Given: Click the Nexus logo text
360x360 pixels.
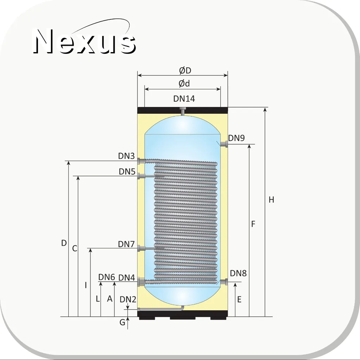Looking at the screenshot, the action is click(x=84, y=41).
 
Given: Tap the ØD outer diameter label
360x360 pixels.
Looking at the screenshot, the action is click(x=185, y=70).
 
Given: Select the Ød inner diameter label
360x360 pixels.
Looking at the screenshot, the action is click(x=184, y=83).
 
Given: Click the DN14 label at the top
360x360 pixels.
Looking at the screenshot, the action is click(x=184, y=99).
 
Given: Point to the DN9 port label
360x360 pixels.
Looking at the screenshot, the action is click(x=236, y=138).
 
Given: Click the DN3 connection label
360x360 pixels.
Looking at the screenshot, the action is click(x=126, y=156).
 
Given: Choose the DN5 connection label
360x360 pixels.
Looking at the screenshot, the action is click(x=127, y=171).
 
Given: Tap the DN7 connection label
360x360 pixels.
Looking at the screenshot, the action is click(x=126, y=244).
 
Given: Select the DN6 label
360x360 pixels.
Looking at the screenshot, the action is click(x=107, y=277).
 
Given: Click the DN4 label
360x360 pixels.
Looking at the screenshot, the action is click(x=126, y=278).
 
